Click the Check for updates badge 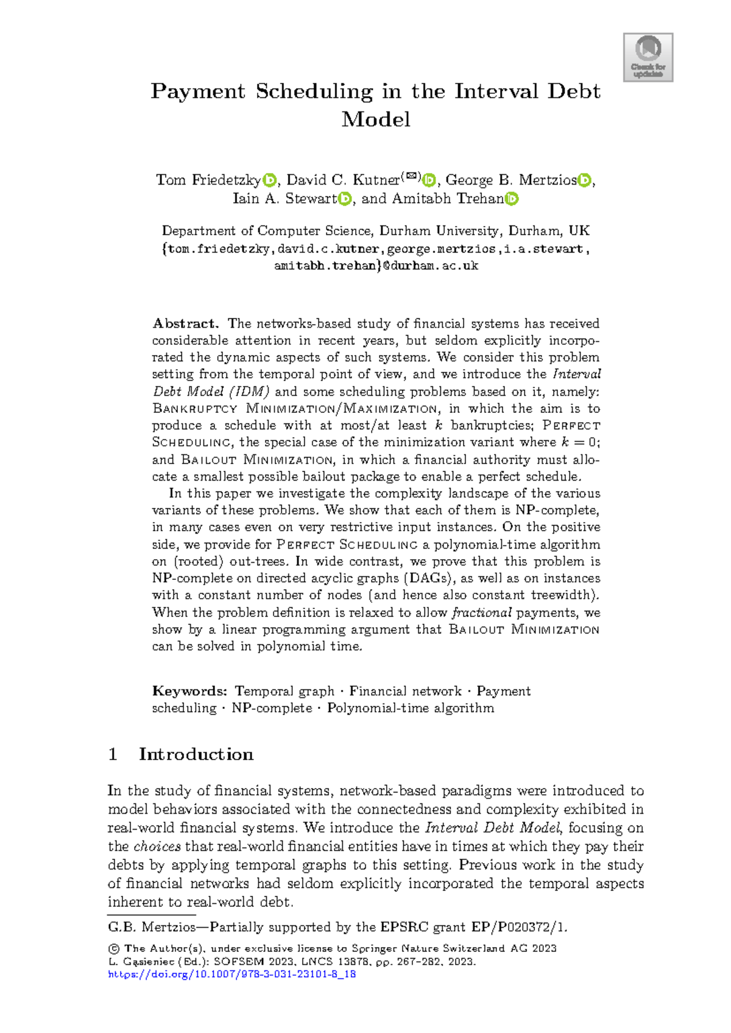tap(648, 57)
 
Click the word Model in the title tap(376, 119)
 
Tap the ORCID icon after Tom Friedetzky tap(269, 180)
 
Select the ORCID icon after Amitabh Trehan tap(512, 199)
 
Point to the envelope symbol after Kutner tap(412, 177)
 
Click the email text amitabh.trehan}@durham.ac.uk tap(376, 266)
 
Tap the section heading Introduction tap(196, 755)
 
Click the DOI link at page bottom tap(231, 975)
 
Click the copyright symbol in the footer tap(113, 949)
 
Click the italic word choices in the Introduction tap(157, 847)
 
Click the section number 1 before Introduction tap(113, 755)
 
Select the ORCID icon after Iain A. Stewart tap(345, 199)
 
